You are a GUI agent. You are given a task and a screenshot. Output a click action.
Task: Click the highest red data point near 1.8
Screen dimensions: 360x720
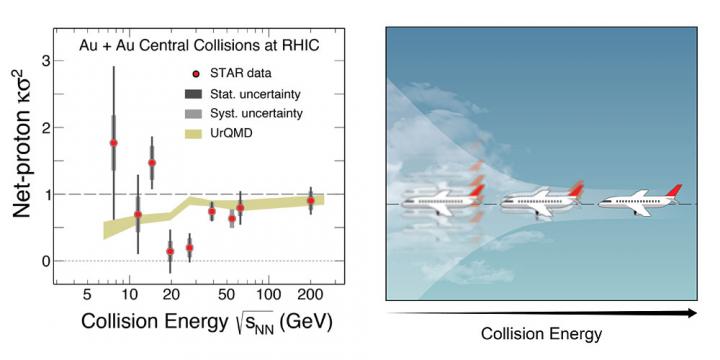click(x=113, y=143)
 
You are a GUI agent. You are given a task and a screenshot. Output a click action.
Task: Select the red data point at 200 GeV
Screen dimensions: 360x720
click(x=311, y=201)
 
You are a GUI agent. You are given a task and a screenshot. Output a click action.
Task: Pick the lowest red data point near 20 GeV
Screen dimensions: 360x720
click(x=170, y=252)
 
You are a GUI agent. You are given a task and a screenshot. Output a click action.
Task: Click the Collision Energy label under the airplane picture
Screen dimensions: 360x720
click(x=542, y=333)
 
